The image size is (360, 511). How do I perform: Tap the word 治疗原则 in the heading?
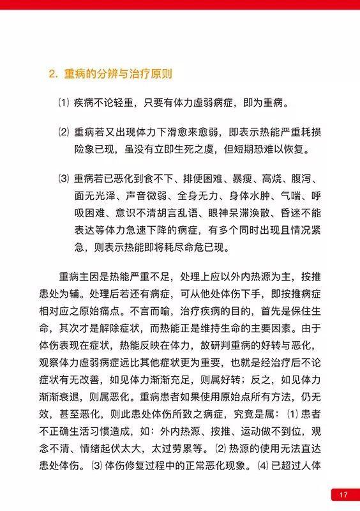tap(148, 73)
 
